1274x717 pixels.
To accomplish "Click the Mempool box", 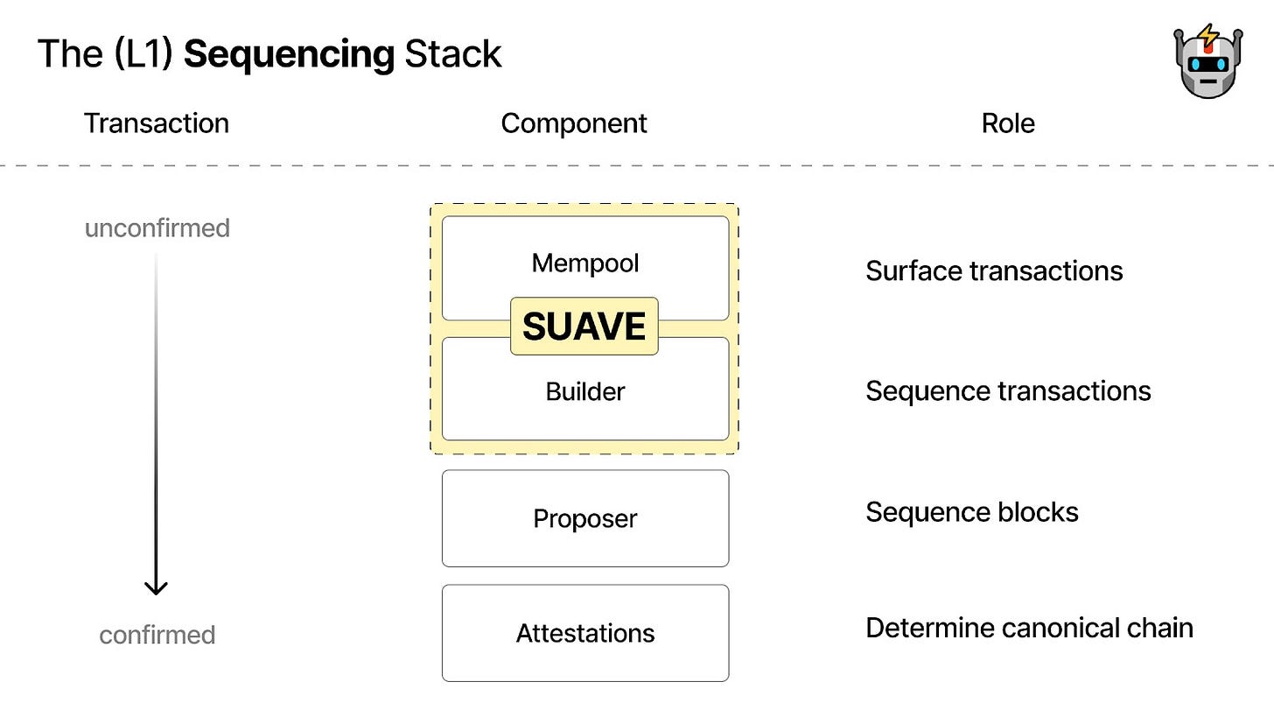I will [x=584, y=262].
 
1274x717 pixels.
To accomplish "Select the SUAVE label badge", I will [x=584, y=327].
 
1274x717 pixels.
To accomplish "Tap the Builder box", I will [x=584, y=391].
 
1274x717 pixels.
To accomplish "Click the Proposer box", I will [x=584, y=518].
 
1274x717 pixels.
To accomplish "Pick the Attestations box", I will [x=584, y=633].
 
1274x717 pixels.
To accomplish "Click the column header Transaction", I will [x=157, y=123].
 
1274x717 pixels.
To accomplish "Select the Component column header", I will [x=574, y=123].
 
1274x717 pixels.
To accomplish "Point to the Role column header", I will [x=1008, y=123].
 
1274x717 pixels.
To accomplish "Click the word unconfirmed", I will [x=157, y=228].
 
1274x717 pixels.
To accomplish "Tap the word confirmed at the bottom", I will [x=157, y=635].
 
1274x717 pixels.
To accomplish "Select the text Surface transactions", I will [x=994, y=271].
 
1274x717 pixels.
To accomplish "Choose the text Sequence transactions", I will [x=1008, y=391].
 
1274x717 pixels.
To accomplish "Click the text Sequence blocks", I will [x=971, y=512].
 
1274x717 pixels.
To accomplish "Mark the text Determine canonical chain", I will [x=1029, y=628].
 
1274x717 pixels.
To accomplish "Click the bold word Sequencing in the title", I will [x=289, y=54].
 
